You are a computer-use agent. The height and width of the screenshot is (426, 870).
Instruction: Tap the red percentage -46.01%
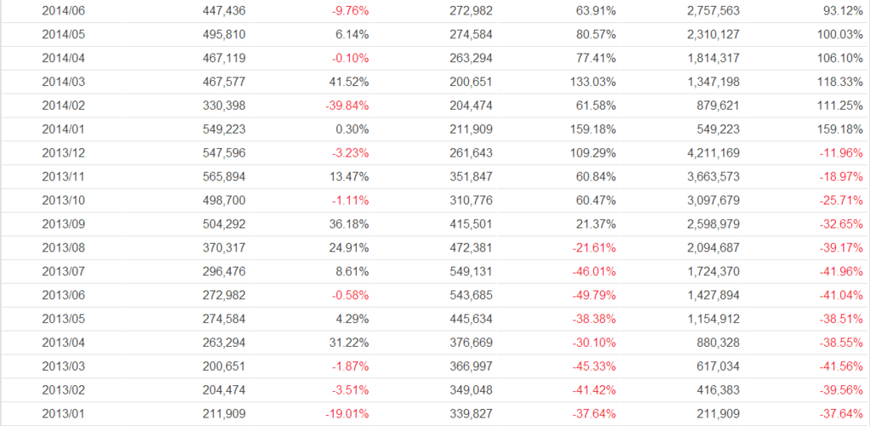[593, 272]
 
